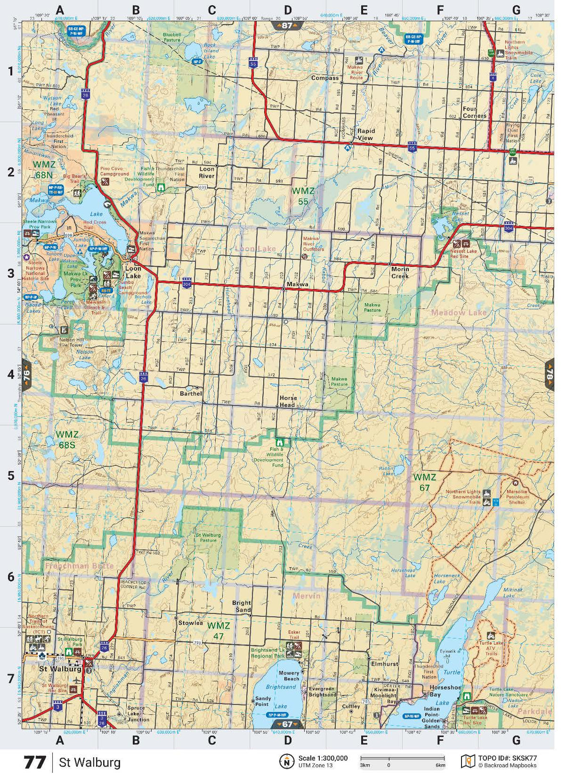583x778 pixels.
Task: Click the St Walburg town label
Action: tap(60, 669)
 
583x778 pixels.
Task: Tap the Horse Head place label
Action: tap(288, 402)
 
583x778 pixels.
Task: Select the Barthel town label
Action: tap(191, 393)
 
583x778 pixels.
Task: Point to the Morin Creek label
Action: tap(400, 273)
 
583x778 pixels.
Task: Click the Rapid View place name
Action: tap(365, 134)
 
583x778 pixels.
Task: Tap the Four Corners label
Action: tap(474, 113)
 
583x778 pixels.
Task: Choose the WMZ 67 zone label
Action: tap(425, 482)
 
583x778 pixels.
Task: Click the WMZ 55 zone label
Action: tap(303, 196)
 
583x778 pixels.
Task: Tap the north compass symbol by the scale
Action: tap(287, 761)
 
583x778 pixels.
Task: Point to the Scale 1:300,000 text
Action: tap(323, 758)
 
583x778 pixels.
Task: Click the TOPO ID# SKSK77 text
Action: tap(507, 758)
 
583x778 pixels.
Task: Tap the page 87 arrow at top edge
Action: tap(287, 25)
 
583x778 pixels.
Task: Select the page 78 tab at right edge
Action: tap(549, 374)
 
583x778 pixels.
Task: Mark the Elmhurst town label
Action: tap(384, 664)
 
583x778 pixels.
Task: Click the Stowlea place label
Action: tap(191, 623)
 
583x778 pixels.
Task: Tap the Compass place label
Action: tap(325, 78)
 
